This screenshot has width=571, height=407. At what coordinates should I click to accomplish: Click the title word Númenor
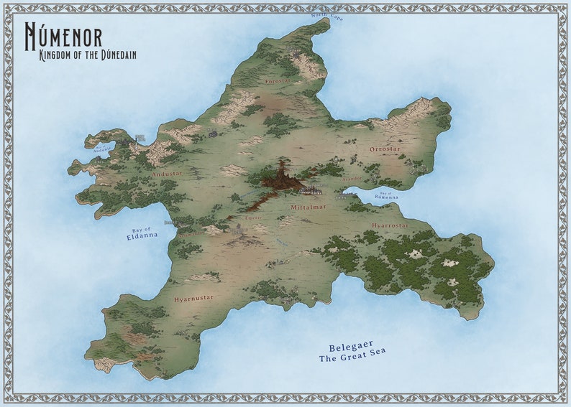point(63,36)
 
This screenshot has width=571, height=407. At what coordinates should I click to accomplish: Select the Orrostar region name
point(384,149)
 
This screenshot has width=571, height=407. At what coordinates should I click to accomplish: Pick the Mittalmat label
point(308,207)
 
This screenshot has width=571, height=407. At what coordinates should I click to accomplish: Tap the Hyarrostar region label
point(390,225)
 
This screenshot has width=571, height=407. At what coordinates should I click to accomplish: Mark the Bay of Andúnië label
point(103,149)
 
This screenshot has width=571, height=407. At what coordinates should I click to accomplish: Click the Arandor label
point(352,178)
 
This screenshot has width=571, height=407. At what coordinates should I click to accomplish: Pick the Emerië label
point(253,217)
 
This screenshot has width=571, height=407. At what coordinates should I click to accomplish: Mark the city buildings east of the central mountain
point(312,191)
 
